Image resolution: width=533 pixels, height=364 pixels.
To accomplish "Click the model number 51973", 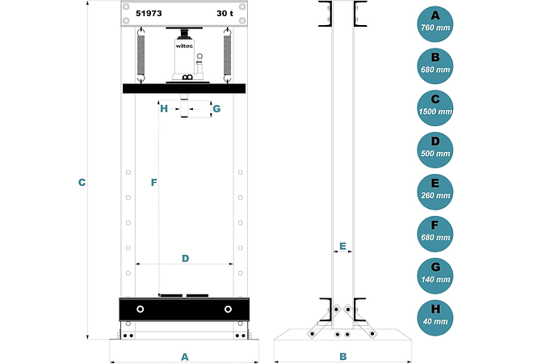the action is coord(149,13).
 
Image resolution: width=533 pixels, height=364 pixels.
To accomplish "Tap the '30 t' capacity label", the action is coord(225,13).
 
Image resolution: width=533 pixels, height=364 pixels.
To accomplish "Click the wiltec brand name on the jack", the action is coord(184,46).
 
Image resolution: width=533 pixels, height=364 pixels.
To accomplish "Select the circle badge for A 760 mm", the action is coord(435,23).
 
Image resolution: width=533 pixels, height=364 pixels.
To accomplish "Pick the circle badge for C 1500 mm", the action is coord(435,108).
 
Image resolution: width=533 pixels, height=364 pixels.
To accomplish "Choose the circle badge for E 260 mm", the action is coord(435,192).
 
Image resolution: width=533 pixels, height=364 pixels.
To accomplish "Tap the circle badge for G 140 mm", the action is coord(435,276).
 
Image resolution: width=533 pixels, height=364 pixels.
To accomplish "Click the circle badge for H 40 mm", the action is coord(435,318).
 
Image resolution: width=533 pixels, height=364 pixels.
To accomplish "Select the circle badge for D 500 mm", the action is coord(435,150).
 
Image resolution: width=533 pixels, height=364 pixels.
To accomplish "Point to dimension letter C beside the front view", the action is coord(82,183).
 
